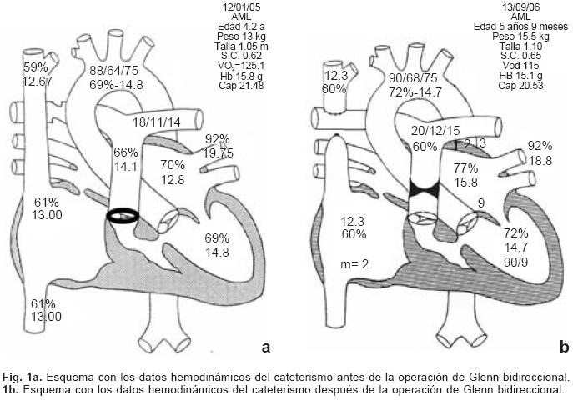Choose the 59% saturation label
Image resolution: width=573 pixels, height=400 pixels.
tap(35, 67)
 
